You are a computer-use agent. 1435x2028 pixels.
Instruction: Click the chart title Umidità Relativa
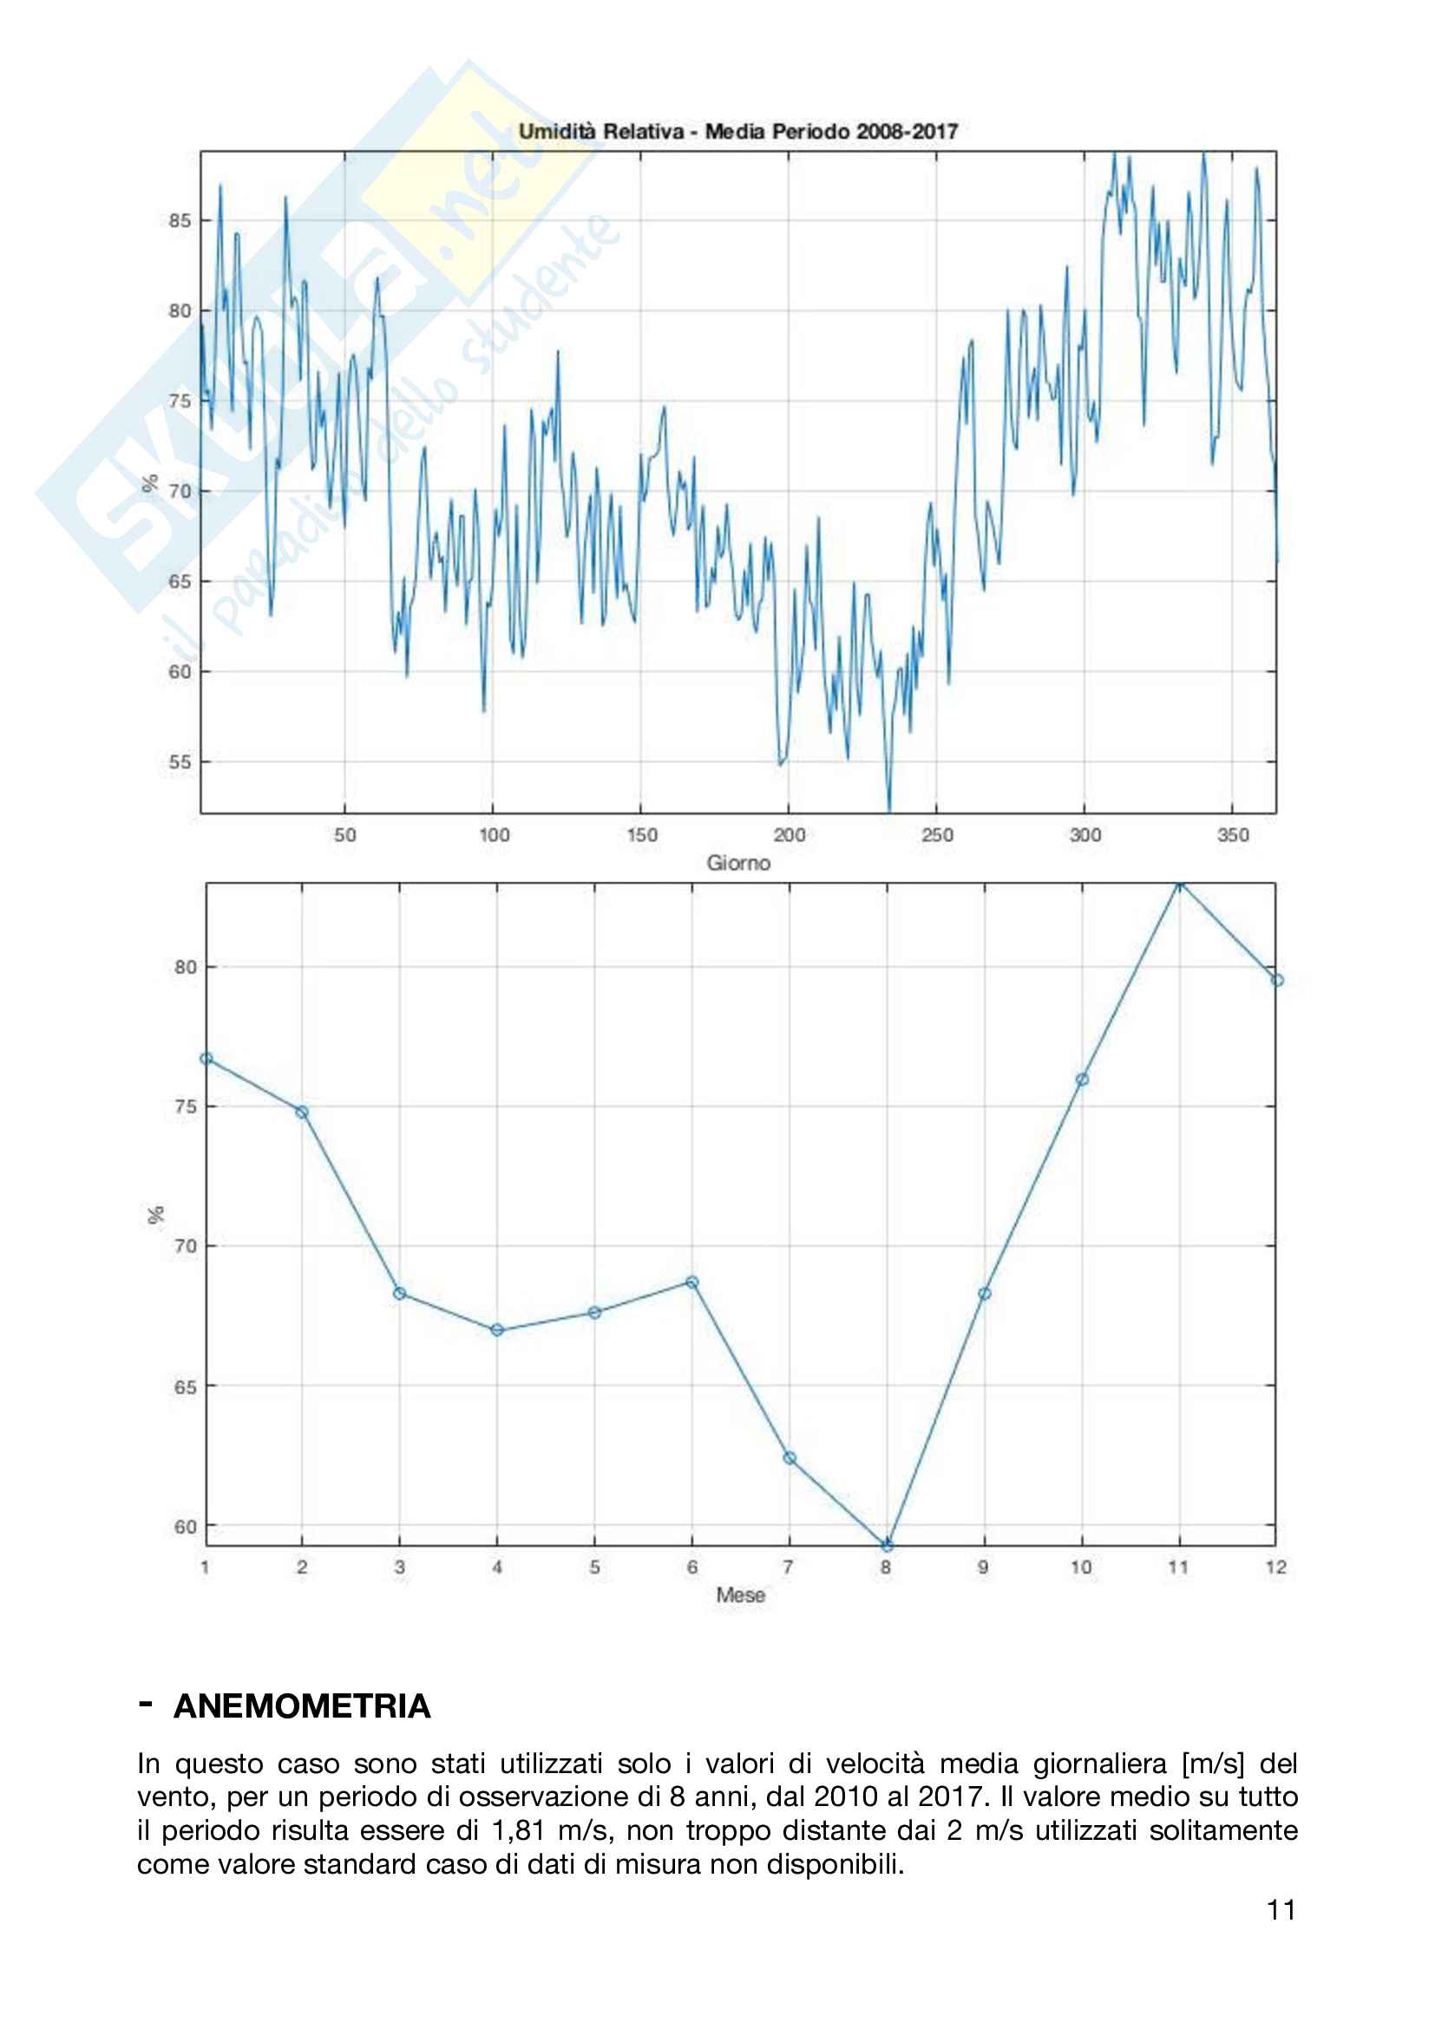[737, 132]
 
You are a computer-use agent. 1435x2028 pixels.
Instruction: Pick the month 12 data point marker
[1277, 981]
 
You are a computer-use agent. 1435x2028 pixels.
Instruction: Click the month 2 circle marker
[302, 1112]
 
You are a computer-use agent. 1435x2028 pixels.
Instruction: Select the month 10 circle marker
[1083, 1079]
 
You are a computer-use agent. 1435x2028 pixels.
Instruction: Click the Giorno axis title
[737, 863]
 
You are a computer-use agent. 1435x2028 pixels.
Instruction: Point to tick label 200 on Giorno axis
[789, 835]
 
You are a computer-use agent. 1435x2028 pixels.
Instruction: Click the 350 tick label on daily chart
[1233, 835]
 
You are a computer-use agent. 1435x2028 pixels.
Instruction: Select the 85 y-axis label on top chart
[180, 221]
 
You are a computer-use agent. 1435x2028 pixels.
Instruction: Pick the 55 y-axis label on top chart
[180, 761]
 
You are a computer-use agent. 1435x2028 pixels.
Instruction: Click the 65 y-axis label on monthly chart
[185, 1386]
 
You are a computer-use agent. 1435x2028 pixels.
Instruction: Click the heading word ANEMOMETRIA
[302, 1705]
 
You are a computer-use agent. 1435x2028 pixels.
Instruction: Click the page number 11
[1281, 1911]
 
